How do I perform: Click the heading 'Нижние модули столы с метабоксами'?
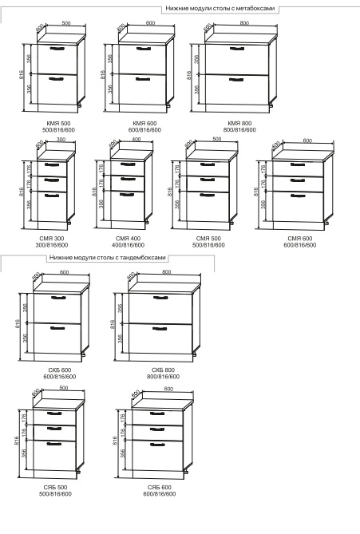click(220, 8)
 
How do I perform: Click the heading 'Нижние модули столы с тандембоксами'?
click(108, 258)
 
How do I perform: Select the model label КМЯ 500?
click(58, 123)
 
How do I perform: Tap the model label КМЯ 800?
click(239, 123)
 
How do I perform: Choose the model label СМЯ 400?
click(128, 239)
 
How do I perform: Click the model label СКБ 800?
click(164, 370)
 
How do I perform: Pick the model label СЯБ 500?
click(56, 488)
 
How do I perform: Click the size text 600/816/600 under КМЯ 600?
click(144, 130)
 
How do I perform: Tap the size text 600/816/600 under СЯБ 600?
click(160, 494)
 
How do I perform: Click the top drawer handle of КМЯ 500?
click(57, 49)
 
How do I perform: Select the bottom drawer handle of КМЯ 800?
click(237, 80)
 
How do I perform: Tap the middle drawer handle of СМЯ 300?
click(52, 180)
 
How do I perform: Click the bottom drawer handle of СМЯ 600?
click(298, 196)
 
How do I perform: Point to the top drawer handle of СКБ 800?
click(160, 298)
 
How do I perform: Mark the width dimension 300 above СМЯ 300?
click(61, 140)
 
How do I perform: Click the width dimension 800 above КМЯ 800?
click(244, 23)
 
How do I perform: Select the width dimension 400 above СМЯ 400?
click(136, 140)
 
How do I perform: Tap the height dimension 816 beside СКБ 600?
click(18, 324)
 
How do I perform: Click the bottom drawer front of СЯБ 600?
click(157, 455)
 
